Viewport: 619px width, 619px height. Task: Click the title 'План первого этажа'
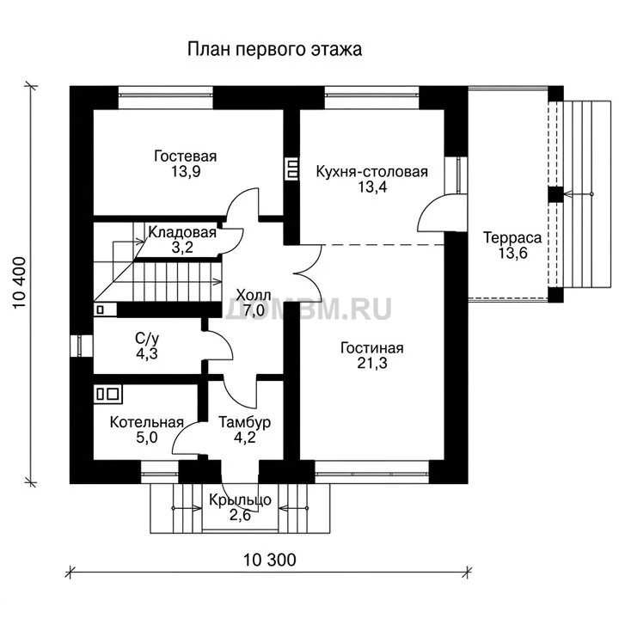[274, 50]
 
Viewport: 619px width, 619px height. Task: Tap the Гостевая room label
[185, 156]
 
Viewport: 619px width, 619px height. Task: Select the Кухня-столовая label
[372, 172]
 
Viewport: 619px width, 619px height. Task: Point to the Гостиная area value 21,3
[372, 363]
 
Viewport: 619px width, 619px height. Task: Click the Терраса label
[512, 237]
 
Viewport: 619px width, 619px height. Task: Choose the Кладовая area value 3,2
[182, 248]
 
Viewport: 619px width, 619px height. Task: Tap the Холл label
[254, 295]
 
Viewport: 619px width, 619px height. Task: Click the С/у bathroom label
[147, 339]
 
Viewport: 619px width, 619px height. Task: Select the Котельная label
[147, 422]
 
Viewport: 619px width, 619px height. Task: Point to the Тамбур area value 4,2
[245, 438]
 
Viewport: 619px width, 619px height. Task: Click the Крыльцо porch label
[240, 499]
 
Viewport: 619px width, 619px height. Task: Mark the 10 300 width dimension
[269, 560]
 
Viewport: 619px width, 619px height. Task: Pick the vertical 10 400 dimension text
[20, 283]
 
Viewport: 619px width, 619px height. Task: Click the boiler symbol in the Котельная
[107, 394]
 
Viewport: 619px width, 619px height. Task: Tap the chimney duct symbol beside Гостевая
[291, 169]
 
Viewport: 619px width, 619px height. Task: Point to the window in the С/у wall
[81, 346]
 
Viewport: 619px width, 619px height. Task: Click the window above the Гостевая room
[166, 95]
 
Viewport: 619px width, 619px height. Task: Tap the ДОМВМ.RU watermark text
[308, 309]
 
